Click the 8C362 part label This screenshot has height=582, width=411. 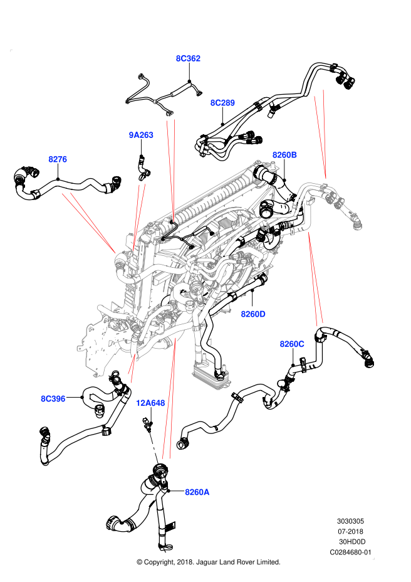click(188, 58)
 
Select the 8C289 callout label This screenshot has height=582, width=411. click(222, 103)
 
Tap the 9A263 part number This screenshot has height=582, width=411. click(141, 135)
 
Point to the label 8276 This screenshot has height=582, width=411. click(58, 159)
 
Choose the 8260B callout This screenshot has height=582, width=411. click(284, 155)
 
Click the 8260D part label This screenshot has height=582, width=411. click(253, 314)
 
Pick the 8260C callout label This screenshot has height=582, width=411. click(292, 344)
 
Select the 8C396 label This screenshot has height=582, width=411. click(53, 399)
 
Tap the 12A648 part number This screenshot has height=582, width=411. click(150, 403)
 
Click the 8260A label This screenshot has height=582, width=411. click(197, 492)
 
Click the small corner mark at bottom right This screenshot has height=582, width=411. click(373, 558)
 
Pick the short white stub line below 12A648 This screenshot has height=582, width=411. click(153, 448)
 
